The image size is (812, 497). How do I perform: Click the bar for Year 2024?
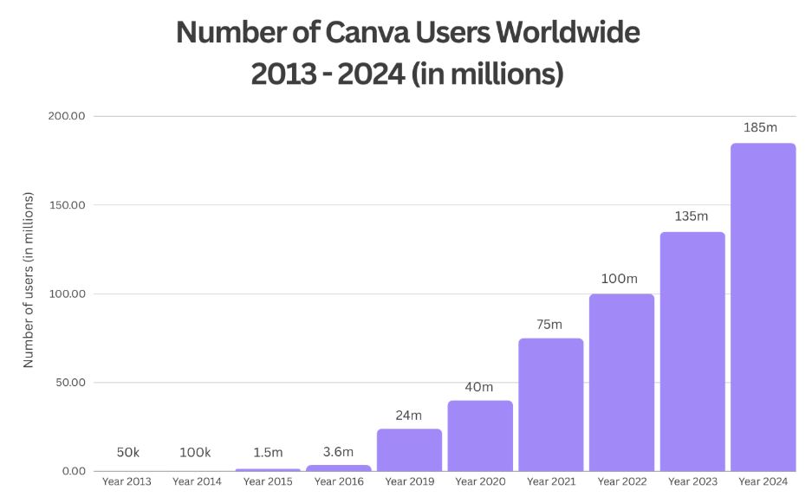(763, 307)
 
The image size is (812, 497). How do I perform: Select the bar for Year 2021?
(550, 404)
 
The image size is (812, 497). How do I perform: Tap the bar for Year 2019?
(409, 449)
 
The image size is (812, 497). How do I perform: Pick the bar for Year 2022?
(621, 382)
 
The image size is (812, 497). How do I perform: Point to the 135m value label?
(692, 216)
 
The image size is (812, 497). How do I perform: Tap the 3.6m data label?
(338, 451)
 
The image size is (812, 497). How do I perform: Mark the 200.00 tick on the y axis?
(66, 116)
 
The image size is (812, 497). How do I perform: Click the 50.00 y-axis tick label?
(68, 383)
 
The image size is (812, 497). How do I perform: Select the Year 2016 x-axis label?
(338, 481)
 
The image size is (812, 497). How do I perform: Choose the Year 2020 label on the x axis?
(479, 481)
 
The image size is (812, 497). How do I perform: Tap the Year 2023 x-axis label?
(692, 481)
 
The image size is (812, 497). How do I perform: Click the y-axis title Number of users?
(29, 280)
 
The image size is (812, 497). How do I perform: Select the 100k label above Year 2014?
(196, 453)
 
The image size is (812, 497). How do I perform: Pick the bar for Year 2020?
(479, 436)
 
